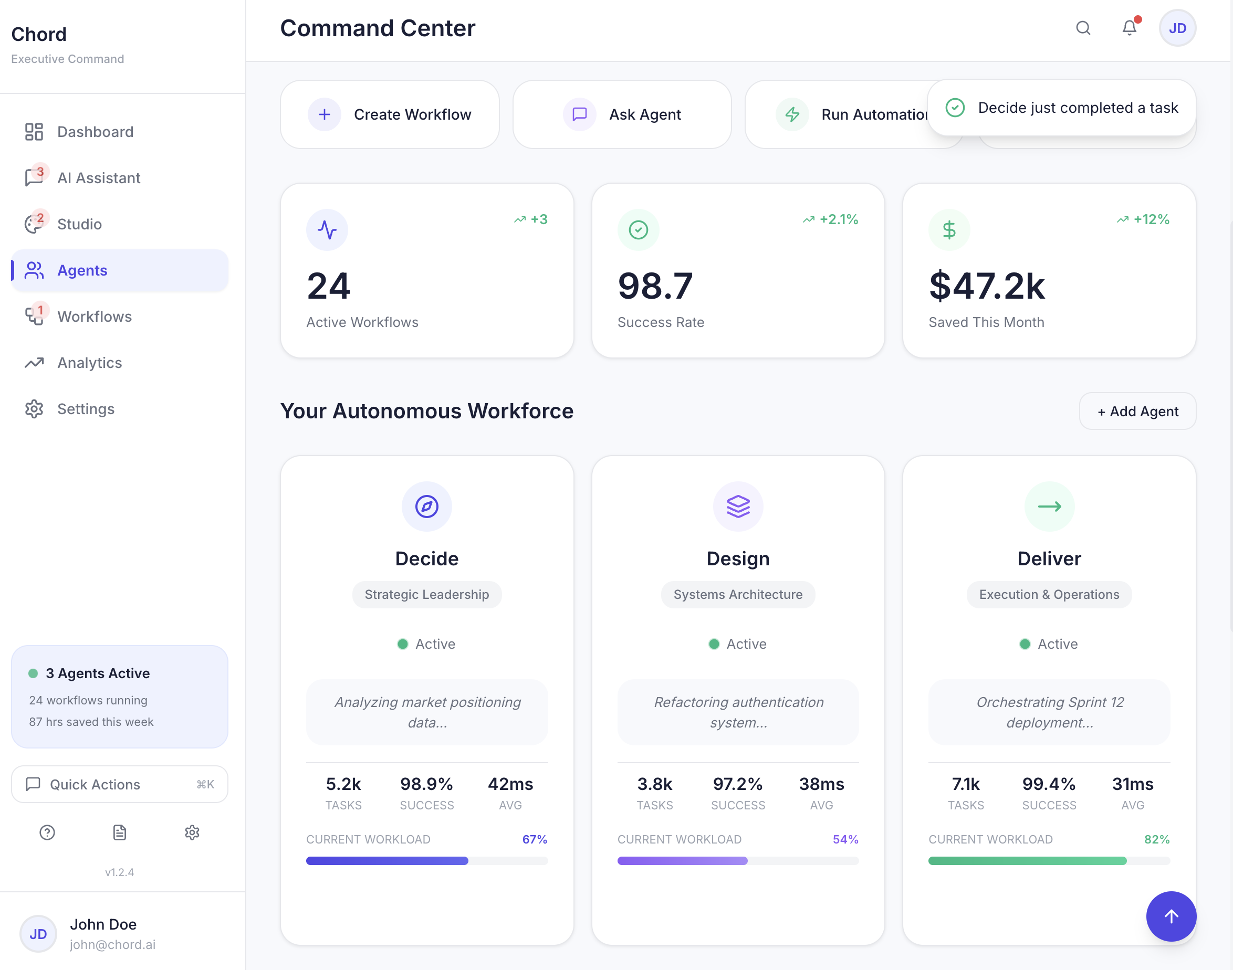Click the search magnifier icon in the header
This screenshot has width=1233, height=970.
point(1083,28)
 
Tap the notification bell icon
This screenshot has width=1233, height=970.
point(1129,28)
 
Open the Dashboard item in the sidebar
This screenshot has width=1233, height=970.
point(95,132)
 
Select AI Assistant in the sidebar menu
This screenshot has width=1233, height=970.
point(98,178)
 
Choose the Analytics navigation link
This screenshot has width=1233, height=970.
point(89,362)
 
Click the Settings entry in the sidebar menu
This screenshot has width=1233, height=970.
point(85,409)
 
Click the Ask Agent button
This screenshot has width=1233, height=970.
point(622,114)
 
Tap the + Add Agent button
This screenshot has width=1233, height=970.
point(1137,411)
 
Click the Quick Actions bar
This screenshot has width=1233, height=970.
point(119,784)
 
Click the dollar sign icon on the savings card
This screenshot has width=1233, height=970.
point(949,230)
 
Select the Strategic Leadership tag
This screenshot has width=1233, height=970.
point(427,595)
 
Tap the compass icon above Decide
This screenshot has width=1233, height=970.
point(427,506)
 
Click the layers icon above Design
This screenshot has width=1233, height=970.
point(737,506)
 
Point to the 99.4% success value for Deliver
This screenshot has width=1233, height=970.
point(1048,784)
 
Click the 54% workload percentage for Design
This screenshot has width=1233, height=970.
point(845,839)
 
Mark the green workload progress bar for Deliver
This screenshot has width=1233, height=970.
point(1027,861)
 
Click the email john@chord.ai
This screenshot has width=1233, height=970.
point(112,944)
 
